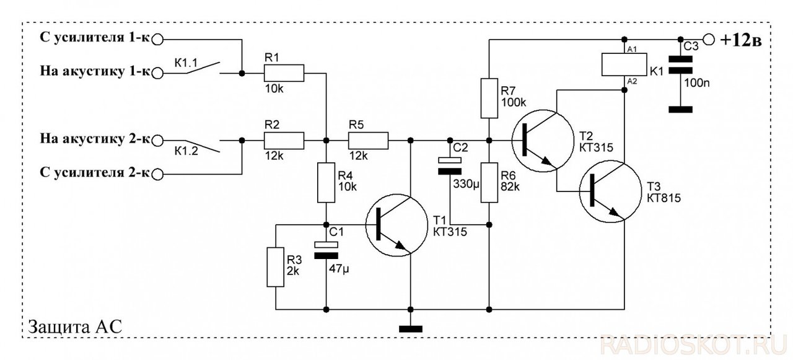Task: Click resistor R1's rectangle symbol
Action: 284,73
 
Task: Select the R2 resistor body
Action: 284,141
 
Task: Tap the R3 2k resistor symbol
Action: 276,267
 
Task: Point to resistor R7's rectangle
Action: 489,98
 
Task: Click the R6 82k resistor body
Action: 489,183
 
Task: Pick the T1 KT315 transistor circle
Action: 396,225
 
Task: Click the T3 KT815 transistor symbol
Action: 610,191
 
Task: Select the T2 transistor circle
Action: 543,141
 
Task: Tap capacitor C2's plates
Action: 450,165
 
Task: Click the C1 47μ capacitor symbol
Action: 326,250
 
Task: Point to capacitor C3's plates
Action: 680,65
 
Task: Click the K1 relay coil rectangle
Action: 624,64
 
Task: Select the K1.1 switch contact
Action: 203,68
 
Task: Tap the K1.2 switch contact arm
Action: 203,146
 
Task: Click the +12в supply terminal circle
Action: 708,39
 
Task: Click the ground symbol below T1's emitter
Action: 411,329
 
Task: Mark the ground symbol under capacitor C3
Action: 680,110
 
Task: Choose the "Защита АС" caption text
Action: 75,327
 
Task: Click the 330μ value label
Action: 466,184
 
